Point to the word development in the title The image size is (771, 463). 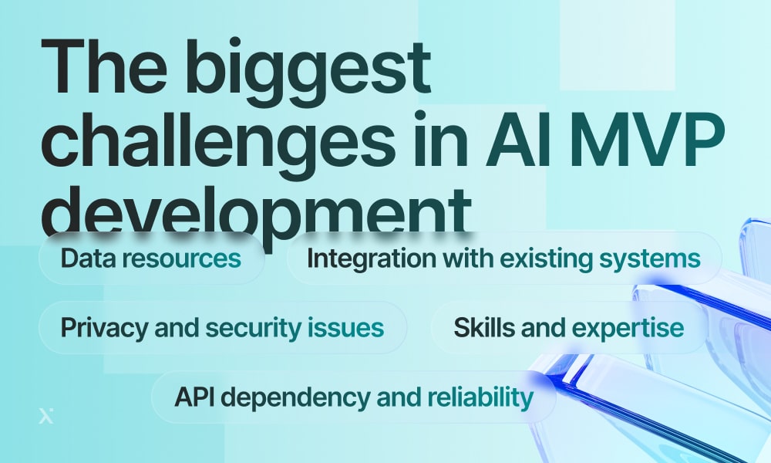tap(256, 211)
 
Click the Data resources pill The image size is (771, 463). tap(151, 259)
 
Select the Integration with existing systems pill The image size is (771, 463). tap(504, 259)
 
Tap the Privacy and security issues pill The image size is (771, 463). tap(223, 328)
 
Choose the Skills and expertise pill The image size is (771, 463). tap(569, 328)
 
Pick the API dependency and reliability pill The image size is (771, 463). tap(354, 397)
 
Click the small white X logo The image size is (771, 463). tap(46, 416)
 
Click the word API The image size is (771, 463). tap(194, 397)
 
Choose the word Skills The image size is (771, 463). tap(484, 327)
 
